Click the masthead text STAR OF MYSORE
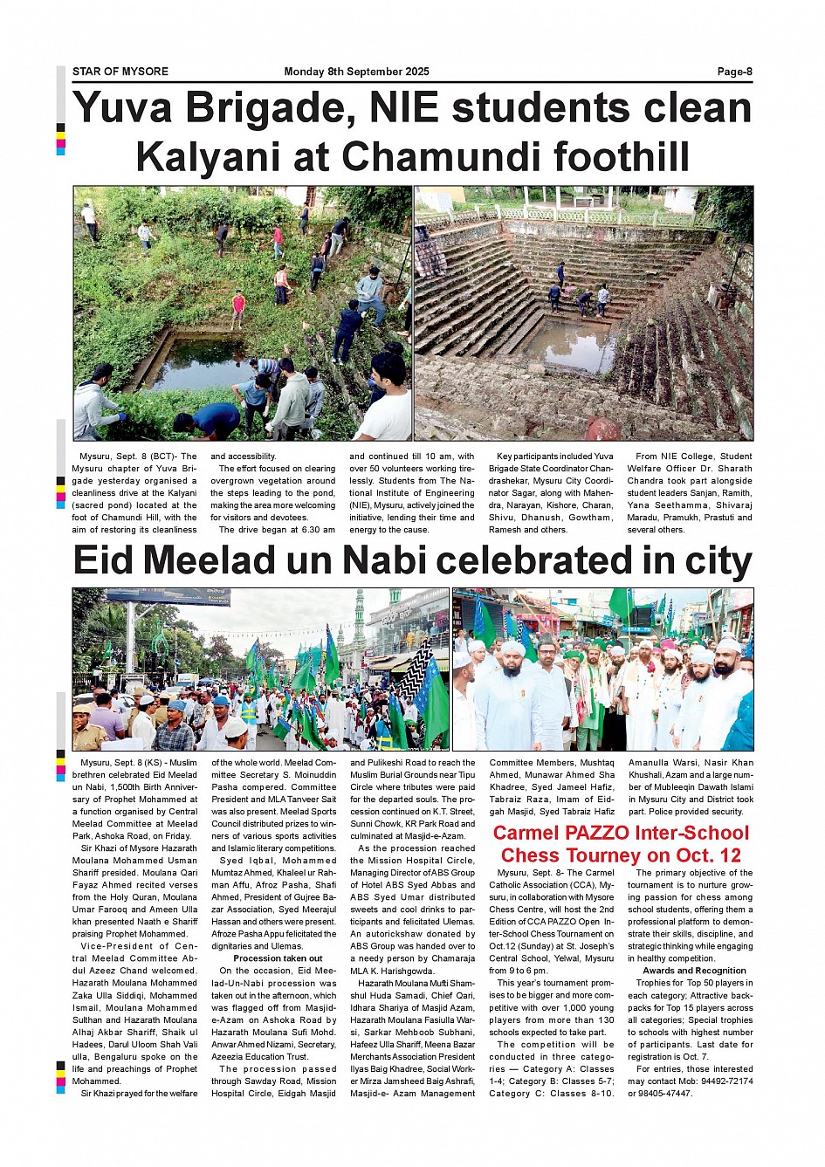pyautogui.click(x=120, y=72)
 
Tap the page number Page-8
pyautogui.click(x=734, y=72)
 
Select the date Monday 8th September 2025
pyautogui.click(x=356, y=72)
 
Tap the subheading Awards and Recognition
pyautogui.click(x=694, y=971)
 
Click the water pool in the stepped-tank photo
pyautogui.click(x=573, y=345)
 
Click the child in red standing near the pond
pyautogui.click(x=238, y=308)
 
